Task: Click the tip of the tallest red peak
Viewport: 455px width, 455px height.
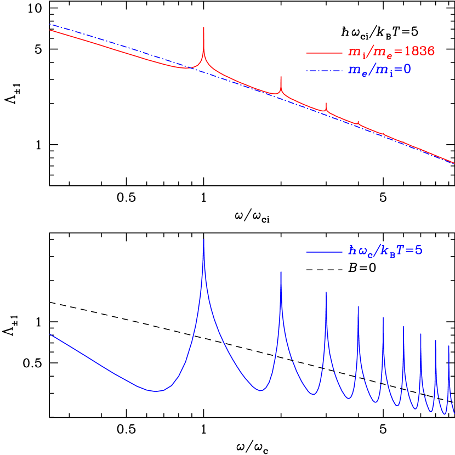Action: [x=203, y=27]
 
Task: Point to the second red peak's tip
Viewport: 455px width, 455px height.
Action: [x=281, y=77]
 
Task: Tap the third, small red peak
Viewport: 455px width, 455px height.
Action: [x=326, y=104]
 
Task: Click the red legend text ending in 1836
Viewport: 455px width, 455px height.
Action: [x=391, y=52]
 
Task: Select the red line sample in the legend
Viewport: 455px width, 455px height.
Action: [x=324, y=53]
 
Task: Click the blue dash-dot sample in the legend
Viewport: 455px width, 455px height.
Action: [x=324, y=70]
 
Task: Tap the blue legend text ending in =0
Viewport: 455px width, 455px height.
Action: [x=379, y=70]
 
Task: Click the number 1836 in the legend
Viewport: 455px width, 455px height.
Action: [x=419, y=52]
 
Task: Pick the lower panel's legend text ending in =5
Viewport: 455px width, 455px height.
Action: [x=385, y=251]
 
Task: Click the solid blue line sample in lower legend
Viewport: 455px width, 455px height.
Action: [x=324, y=252]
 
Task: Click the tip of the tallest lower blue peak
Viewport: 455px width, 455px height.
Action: [x=204, y=240]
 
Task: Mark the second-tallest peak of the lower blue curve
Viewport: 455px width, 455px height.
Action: [x=281, y=272]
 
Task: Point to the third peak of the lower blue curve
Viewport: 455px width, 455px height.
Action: [x=326, y=292]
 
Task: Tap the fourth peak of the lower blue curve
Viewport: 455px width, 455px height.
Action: [x=358, y=306]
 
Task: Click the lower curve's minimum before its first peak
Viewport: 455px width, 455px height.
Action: [x=157, y=391]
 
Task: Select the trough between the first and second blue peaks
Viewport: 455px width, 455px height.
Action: [x=261, y=390]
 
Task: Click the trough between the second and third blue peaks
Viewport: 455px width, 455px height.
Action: [x=312, y=394]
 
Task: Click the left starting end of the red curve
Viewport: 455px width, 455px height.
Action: [x=50, y=30]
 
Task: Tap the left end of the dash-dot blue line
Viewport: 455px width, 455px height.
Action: [x=50, y=24]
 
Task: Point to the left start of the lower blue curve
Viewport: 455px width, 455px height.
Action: [x=50, y=334]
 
